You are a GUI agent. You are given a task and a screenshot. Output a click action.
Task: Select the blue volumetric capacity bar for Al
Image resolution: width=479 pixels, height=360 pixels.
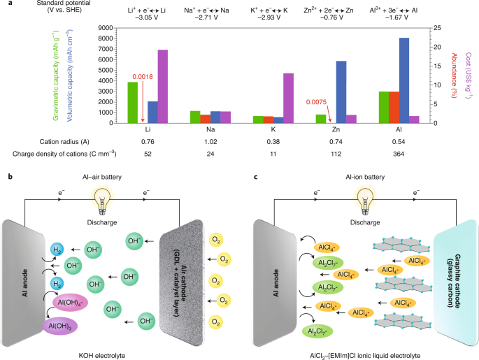[x=404, y=80]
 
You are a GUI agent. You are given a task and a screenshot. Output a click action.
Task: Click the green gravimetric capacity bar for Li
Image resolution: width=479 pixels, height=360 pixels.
[x=132, y=102]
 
